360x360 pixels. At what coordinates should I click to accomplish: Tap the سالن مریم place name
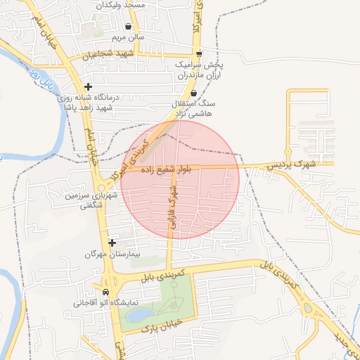coord(127,37)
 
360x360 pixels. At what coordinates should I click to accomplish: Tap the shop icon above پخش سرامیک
coord(200,53)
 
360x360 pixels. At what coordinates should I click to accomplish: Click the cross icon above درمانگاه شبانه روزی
coord(88,84)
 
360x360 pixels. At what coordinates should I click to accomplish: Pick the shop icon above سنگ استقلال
coord(194,94)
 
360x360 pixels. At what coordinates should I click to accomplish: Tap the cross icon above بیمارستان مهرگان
coord(112,243)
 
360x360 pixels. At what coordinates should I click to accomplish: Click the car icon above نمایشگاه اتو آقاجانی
coord(106,292)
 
